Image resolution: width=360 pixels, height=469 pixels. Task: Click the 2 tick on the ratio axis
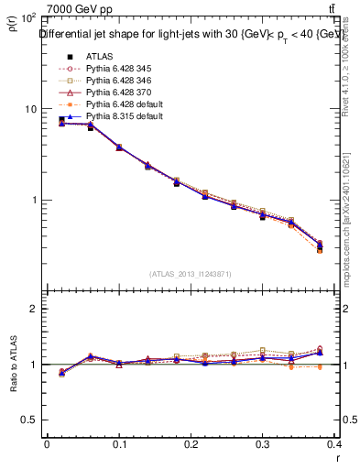[32, 309]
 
